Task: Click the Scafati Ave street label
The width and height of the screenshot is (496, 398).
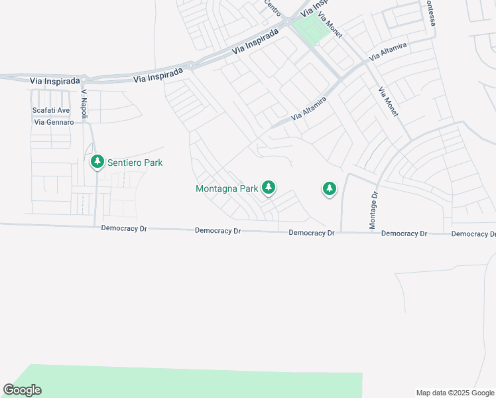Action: (51, 110)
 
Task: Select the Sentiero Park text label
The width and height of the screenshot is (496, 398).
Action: (135, 163)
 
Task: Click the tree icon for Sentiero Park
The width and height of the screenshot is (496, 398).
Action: (97, 161)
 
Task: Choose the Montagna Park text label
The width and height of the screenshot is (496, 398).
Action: (226, 188)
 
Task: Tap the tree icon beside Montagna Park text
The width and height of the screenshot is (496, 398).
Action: (268, 188)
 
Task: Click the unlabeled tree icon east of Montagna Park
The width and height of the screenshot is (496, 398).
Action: (329, 189)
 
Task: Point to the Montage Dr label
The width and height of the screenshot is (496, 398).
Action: (373, 211)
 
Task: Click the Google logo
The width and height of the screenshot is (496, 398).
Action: (22, 390)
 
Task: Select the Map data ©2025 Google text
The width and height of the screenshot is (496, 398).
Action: (456, 393)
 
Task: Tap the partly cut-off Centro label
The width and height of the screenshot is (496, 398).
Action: (273, 9)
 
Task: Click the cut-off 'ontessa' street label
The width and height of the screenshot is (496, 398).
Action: (430, 13)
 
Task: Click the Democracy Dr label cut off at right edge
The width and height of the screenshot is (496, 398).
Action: (473, 234)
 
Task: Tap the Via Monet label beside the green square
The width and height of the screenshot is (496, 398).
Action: (330, 25)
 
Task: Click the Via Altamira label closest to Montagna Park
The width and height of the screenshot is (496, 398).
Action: (308, 109)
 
